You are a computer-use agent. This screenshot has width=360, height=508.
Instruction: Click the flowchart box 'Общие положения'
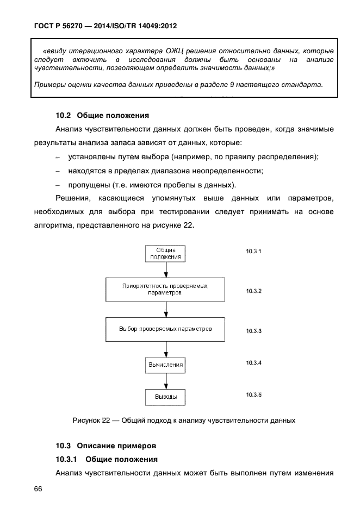[165, 254]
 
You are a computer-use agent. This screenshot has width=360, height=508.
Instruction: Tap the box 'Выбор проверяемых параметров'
[165, 329]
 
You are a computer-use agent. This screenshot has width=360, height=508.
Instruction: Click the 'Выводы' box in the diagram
[165, 397]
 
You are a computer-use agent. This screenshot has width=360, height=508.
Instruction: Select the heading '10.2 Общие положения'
[102, 115]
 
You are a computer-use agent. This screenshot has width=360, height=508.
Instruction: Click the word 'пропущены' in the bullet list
[86, 184]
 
